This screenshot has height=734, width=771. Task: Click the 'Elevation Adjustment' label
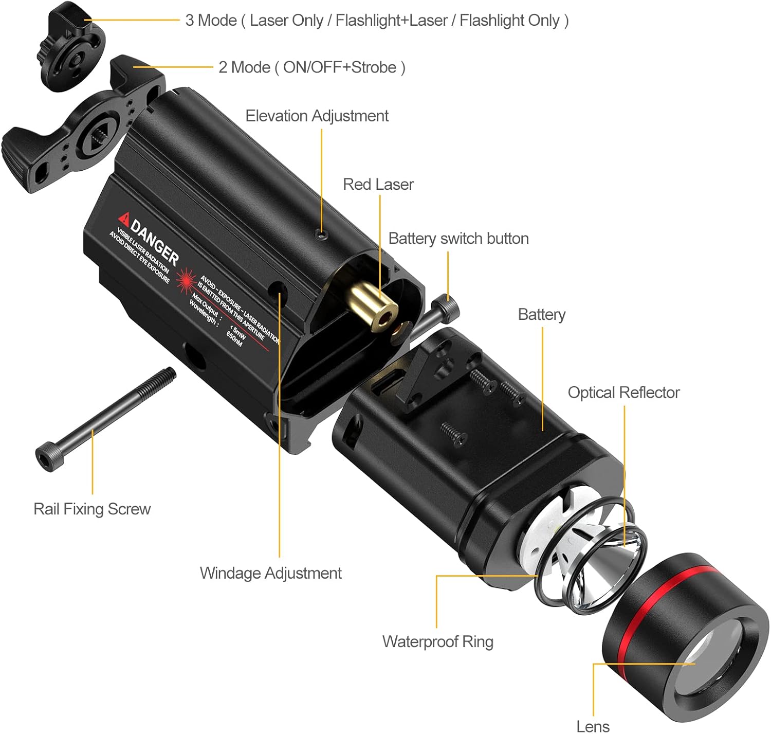(x=317, y=116)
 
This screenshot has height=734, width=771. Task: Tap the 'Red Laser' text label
(x=378, y=185)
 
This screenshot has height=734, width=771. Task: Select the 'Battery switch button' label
(x=458, y=239)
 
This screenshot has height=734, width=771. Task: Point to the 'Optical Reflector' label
(x=623, y=393)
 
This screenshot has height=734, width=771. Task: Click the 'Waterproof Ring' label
(x=437, y=642)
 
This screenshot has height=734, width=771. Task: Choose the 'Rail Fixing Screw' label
(x=92, y=509)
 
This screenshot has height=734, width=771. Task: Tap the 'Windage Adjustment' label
(x=270, y=573)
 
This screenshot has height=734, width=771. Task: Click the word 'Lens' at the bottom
(x=593, y=726)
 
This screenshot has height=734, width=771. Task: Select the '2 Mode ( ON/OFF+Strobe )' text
(x=311, y=67)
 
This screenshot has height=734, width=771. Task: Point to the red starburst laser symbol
(x=186, y=281)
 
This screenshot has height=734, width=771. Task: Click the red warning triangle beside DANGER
(x=124, y=218)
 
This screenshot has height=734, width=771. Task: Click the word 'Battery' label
(x=541, y=315)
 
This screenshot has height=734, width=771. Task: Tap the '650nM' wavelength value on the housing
(x=234, y=338)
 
